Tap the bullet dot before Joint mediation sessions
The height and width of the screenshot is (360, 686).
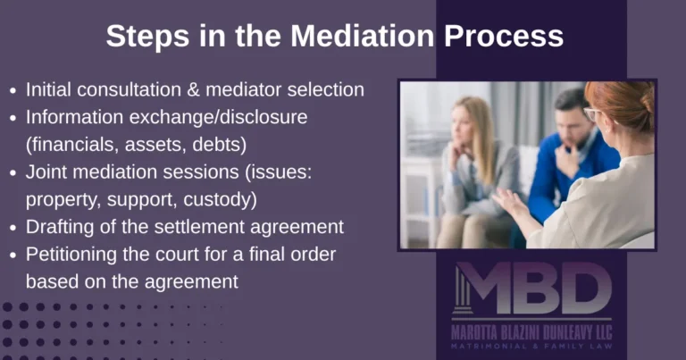(13, 172)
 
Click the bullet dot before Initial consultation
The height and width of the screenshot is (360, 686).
(13, 90)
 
